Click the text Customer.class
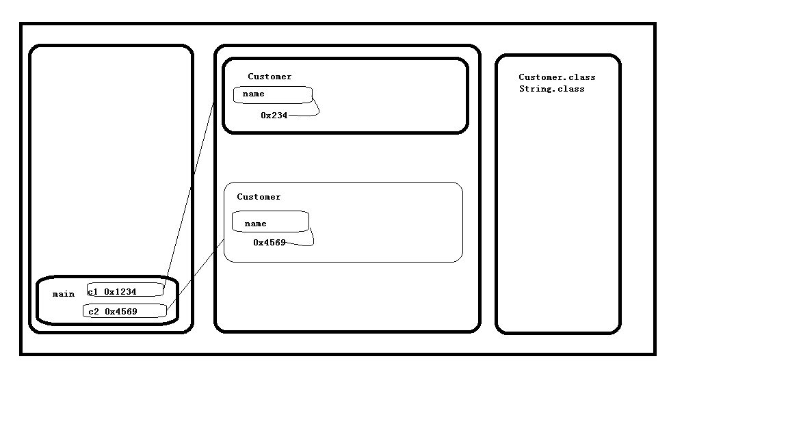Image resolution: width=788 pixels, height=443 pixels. coord(557,77)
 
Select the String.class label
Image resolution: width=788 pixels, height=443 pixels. coord(552,89)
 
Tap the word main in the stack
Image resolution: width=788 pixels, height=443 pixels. coord(64,294)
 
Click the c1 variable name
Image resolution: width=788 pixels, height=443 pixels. coord(93,292)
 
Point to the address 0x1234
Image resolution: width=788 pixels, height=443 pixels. coord(120,292)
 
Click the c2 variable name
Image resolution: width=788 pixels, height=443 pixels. coord(94,312)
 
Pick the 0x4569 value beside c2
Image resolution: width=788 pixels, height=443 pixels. coord(121,312)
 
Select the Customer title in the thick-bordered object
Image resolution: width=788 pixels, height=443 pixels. coord(270,77)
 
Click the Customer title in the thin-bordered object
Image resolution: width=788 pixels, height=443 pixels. coord(259,197)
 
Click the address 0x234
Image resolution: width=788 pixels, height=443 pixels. coord(274,116)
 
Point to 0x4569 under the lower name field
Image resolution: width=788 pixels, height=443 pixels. coord(270,243)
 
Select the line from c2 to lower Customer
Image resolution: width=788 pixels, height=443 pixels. coord(196,274)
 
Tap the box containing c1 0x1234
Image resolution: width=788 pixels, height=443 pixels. coord(125,290)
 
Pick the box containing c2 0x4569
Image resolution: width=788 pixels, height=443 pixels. coord(124,311)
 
